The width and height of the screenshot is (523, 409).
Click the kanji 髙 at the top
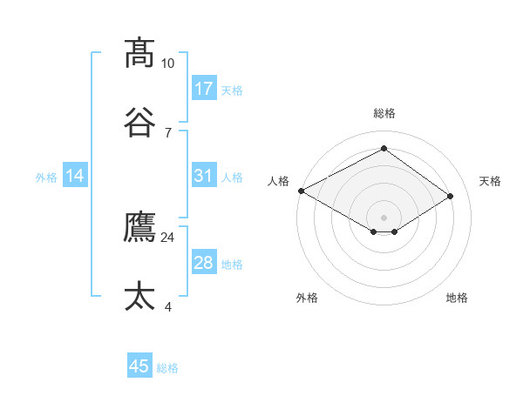coord(140,53)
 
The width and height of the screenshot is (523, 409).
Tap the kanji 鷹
coord(140,227)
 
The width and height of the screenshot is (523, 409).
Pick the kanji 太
coord(140,296)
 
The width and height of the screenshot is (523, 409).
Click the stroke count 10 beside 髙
coord(168,64)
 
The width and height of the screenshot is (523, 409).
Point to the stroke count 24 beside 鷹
coord(168,237)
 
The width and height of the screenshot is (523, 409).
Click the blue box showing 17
coord(204,89)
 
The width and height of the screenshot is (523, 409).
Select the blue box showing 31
coord(204,176)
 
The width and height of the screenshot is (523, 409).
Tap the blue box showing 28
coord(204,263)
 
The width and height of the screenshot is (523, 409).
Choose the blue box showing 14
coord(75,176)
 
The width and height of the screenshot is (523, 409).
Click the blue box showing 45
coord(139,366)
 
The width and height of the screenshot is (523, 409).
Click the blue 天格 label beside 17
coord(232,91)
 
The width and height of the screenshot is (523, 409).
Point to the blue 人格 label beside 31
coord(232,178)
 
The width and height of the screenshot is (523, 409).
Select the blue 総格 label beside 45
coord(167,368)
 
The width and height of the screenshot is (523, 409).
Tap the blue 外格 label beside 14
coord(46,178)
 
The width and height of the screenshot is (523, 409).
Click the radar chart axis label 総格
coord(384,113)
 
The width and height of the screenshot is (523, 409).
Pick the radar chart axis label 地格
coord(457,298)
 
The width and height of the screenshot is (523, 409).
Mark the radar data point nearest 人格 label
coord(301,191)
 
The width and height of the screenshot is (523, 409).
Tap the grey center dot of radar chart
coord(384,217)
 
